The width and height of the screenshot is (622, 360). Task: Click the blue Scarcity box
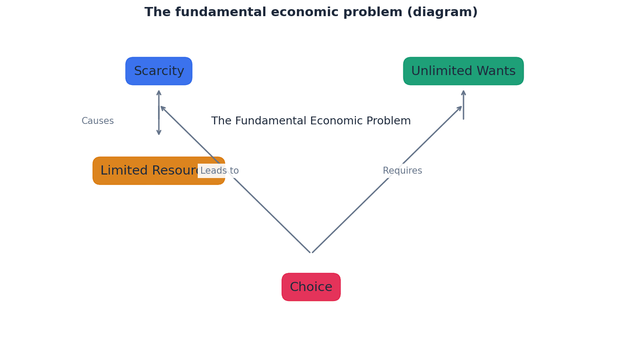coord(159,71)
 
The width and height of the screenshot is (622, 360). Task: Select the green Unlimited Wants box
coord(463,71)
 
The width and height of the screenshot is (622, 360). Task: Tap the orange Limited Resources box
coord(144,171)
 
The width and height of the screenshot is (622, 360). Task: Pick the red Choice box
coord(311,287)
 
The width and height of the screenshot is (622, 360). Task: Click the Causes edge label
coord(98,121)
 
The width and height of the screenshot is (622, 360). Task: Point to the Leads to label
coord(220,171)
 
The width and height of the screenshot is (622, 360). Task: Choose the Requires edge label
coord(402,171)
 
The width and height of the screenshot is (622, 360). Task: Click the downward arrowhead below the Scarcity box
coord(159,132)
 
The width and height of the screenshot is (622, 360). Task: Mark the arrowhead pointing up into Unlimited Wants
coord(464,93)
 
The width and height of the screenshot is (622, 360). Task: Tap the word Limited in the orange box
coord(124,171)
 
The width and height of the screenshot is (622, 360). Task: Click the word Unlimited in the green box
coord(442,71)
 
